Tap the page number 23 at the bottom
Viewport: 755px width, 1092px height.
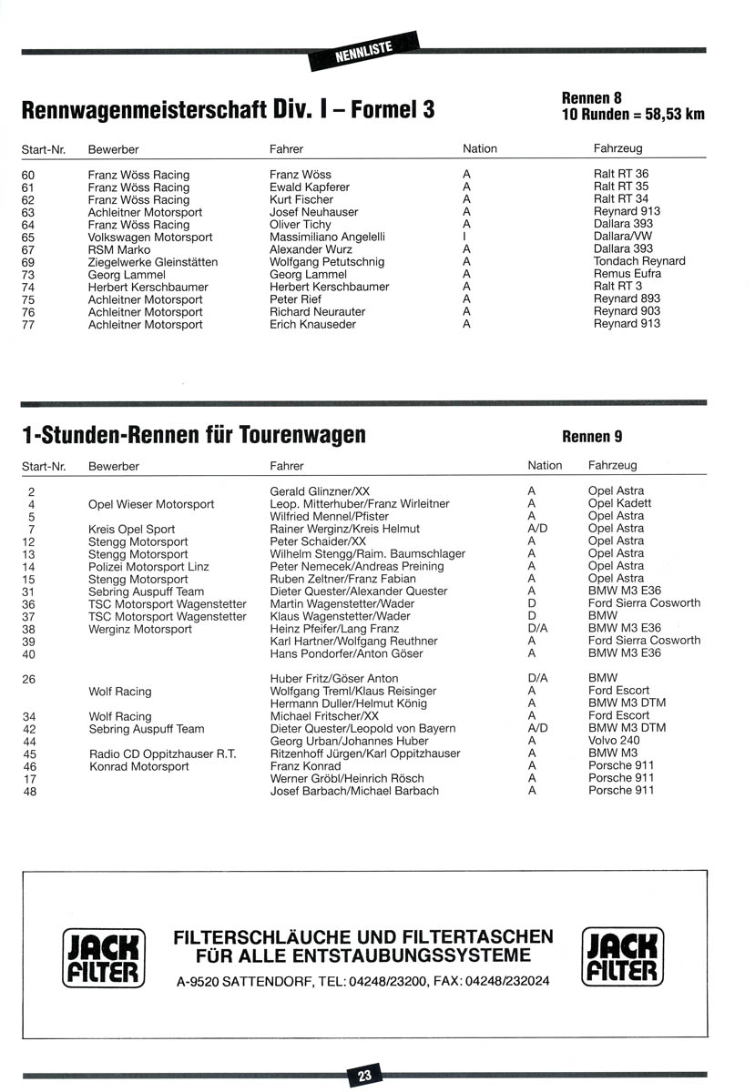point(364,1076)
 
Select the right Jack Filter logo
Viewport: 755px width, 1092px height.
point(623,957)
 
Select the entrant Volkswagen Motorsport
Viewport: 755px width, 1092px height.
point(150,237)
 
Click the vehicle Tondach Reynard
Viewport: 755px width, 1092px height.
point(639,261)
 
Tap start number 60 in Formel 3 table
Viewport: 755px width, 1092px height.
point(28,175)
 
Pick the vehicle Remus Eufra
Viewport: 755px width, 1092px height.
point(628,274)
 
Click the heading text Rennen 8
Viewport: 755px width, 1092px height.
point(592,98)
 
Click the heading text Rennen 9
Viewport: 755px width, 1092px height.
point(592,437)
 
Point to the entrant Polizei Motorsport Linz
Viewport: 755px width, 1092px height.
point(148,566)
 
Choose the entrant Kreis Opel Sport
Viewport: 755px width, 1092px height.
point(132,529)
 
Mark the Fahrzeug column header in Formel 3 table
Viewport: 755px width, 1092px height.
point(617,148)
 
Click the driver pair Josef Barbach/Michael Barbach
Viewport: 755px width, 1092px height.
point(354,791)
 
